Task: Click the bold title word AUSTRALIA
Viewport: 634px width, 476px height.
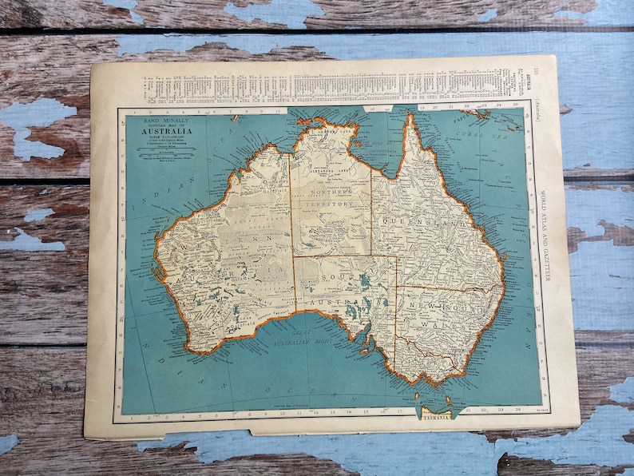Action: pos(168,133)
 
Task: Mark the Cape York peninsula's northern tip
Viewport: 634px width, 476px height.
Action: pos(410,116)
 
